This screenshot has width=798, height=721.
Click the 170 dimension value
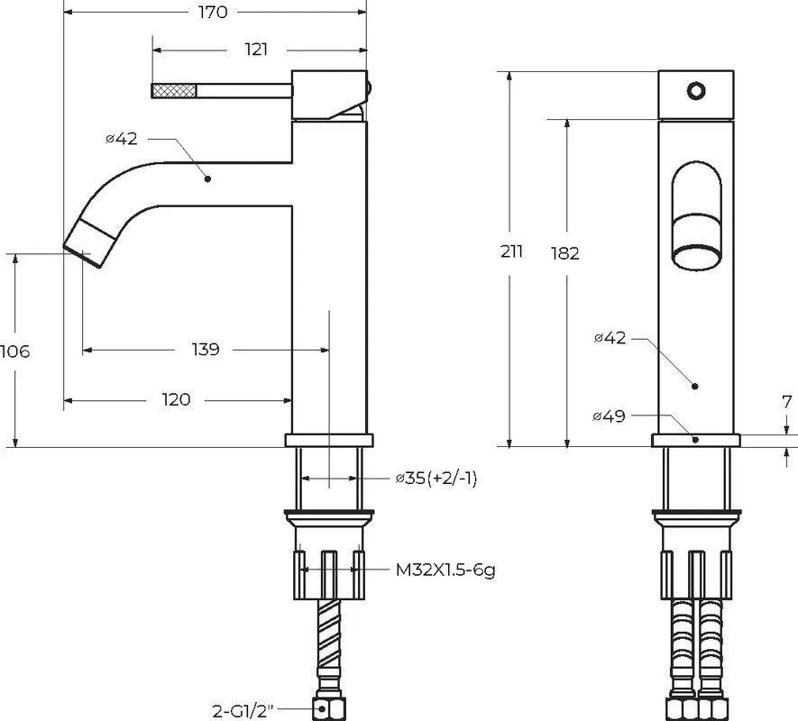213,13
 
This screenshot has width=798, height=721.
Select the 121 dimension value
256,50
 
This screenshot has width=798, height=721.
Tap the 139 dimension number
206,350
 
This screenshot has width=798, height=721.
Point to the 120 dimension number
176,400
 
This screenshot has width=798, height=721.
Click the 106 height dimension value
15,351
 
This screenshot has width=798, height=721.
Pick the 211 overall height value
511,251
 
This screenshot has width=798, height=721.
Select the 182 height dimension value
564,253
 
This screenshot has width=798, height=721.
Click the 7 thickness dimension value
787,402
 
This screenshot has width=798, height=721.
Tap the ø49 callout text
609,416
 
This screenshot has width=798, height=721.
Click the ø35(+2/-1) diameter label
436,479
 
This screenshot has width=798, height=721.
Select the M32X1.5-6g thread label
445,570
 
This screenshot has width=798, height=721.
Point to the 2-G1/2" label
243,710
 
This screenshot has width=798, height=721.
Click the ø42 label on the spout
122,139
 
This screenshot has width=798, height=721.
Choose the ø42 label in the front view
610,338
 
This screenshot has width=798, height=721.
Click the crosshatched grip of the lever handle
175,91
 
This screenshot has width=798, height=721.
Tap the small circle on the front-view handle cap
696,91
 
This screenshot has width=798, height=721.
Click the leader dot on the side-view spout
207,178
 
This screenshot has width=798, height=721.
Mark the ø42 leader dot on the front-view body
695,387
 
